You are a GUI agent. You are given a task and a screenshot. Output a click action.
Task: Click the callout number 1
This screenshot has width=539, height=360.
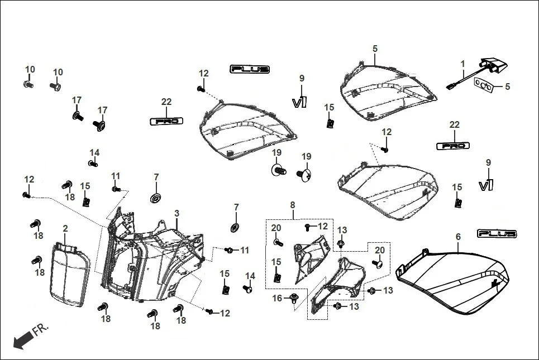point(462,65)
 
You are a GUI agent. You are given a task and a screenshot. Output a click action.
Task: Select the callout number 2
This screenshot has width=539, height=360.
point(65,228)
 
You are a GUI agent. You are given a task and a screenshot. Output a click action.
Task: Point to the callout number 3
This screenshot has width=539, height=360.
point(177,214)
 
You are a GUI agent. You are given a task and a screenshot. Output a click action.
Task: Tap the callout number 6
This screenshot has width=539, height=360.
point(458,237)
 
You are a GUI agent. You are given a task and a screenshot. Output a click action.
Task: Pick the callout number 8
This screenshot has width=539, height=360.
point(292,206)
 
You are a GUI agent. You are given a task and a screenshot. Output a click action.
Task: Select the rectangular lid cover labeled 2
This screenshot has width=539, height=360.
point(69,273)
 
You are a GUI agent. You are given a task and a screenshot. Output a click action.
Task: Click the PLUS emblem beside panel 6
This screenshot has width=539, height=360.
point(497,233)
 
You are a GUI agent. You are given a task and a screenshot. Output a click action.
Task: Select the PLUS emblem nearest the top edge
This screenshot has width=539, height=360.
point(250,69)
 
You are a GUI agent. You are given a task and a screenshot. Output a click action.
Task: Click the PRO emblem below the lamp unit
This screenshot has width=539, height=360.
point(452,146)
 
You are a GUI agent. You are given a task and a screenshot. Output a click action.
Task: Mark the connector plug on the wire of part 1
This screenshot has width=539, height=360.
point(450,86)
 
